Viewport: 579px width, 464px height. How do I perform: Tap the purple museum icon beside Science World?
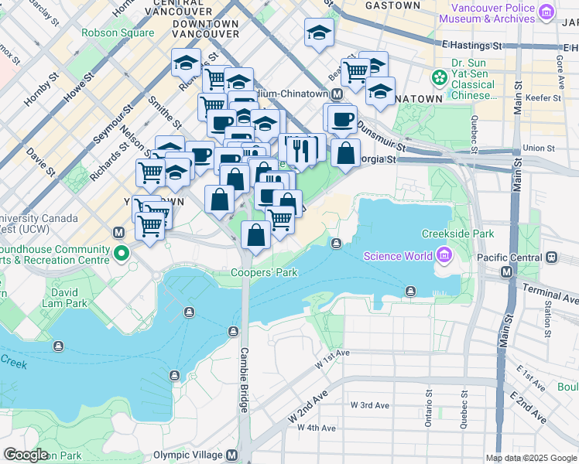pos(444,254)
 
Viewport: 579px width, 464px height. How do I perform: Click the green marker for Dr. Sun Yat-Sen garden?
pos(440,79)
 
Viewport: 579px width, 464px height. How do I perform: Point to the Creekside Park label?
pos(457,234)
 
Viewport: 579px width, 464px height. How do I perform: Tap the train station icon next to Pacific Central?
pos(551,256)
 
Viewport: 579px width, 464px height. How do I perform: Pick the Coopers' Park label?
pos(264,272)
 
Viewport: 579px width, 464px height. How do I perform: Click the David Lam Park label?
pos(66,299)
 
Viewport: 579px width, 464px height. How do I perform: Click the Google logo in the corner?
pos(26,455)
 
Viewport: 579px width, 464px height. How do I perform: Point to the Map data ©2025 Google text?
pos(531,458)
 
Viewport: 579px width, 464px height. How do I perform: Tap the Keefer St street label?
pos(543,98)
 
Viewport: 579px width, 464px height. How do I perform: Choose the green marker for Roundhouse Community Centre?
pos(121,254)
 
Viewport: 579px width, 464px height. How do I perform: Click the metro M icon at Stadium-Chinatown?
pos(337,94)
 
